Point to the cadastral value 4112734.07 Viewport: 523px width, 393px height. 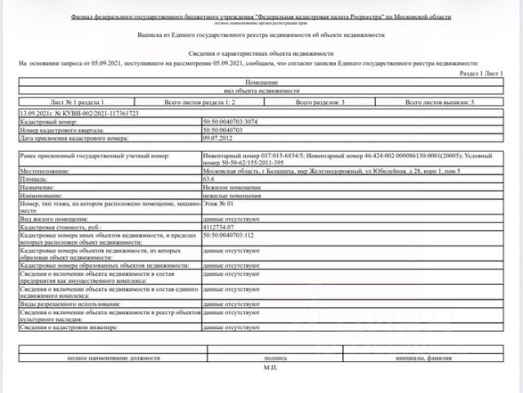(221, 228)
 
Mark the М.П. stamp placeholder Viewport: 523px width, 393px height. (270, 369)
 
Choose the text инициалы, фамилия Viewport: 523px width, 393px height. (424, 359)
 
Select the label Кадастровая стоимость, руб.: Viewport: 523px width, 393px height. (61, 228)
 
